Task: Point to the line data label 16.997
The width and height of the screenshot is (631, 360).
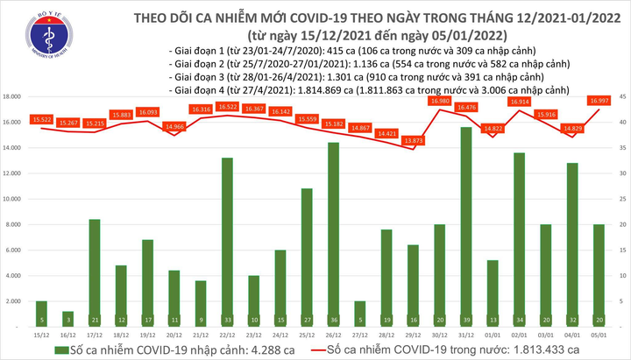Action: tap(600, 100)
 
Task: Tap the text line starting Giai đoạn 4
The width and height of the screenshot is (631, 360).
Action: tap(367, 90)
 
